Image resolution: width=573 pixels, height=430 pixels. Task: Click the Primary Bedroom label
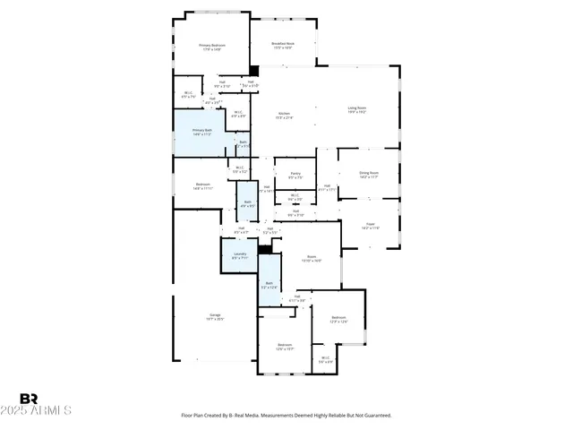pyautogui.click(x=211, y=45)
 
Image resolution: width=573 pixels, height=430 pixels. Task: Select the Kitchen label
pyautogui.click(x=284, y=114)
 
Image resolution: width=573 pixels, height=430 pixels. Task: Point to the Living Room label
pyautogui.click(x=357, y=108)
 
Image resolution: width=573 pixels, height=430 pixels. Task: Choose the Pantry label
pyautogui.click(x=295, y=173)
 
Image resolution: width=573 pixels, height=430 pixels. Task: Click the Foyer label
pyautogui.click(x=370, y=226)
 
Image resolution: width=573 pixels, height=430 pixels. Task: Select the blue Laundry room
pyautogui.click(x=239, y=256)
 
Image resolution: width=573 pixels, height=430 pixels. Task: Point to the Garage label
pyautogui.click(x=215, y=315)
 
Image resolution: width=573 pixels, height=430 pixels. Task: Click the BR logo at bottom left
pyautogui.click(x=29, y=398)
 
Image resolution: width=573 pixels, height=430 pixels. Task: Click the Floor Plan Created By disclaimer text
pyautogui.click(x=286, y=415)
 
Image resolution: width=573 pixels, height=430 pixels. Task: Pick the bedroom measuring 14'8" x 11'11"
pyautogui.click(x=202, y=187)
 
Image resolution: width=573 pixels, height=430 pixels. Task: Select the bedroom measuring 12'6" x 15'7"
pyautogui.click(x=285, y=347)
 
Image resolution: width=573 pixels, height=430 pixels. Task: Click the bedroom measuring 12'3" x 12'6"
pyautogui.click(x=338, y=319)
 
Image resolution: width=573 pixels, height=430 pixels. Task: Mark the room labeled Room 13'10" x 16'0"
pyautogui.click(x=312, y=258)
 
